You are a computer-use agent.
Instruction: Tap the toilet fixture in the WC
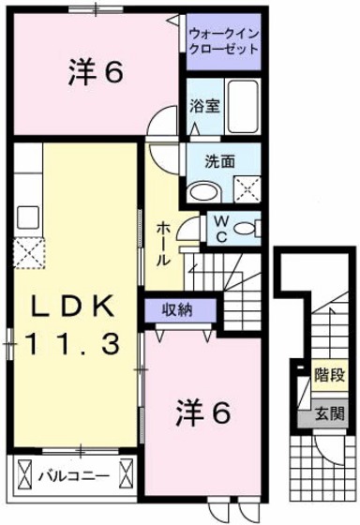pyautogui.click(x=247, y=229)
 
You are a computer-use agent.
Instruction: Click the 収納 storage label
pyautogui.click(x=178, y=310)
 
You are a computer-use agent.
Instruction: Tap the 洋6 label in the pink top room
pyautogui.click(x=96, y=72)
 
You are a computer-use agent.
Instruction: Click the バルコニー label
pyautogui.click(x=72, y=476)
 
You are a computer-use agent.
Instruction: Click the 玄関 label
pyautogui.click(x=328, y=412)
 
